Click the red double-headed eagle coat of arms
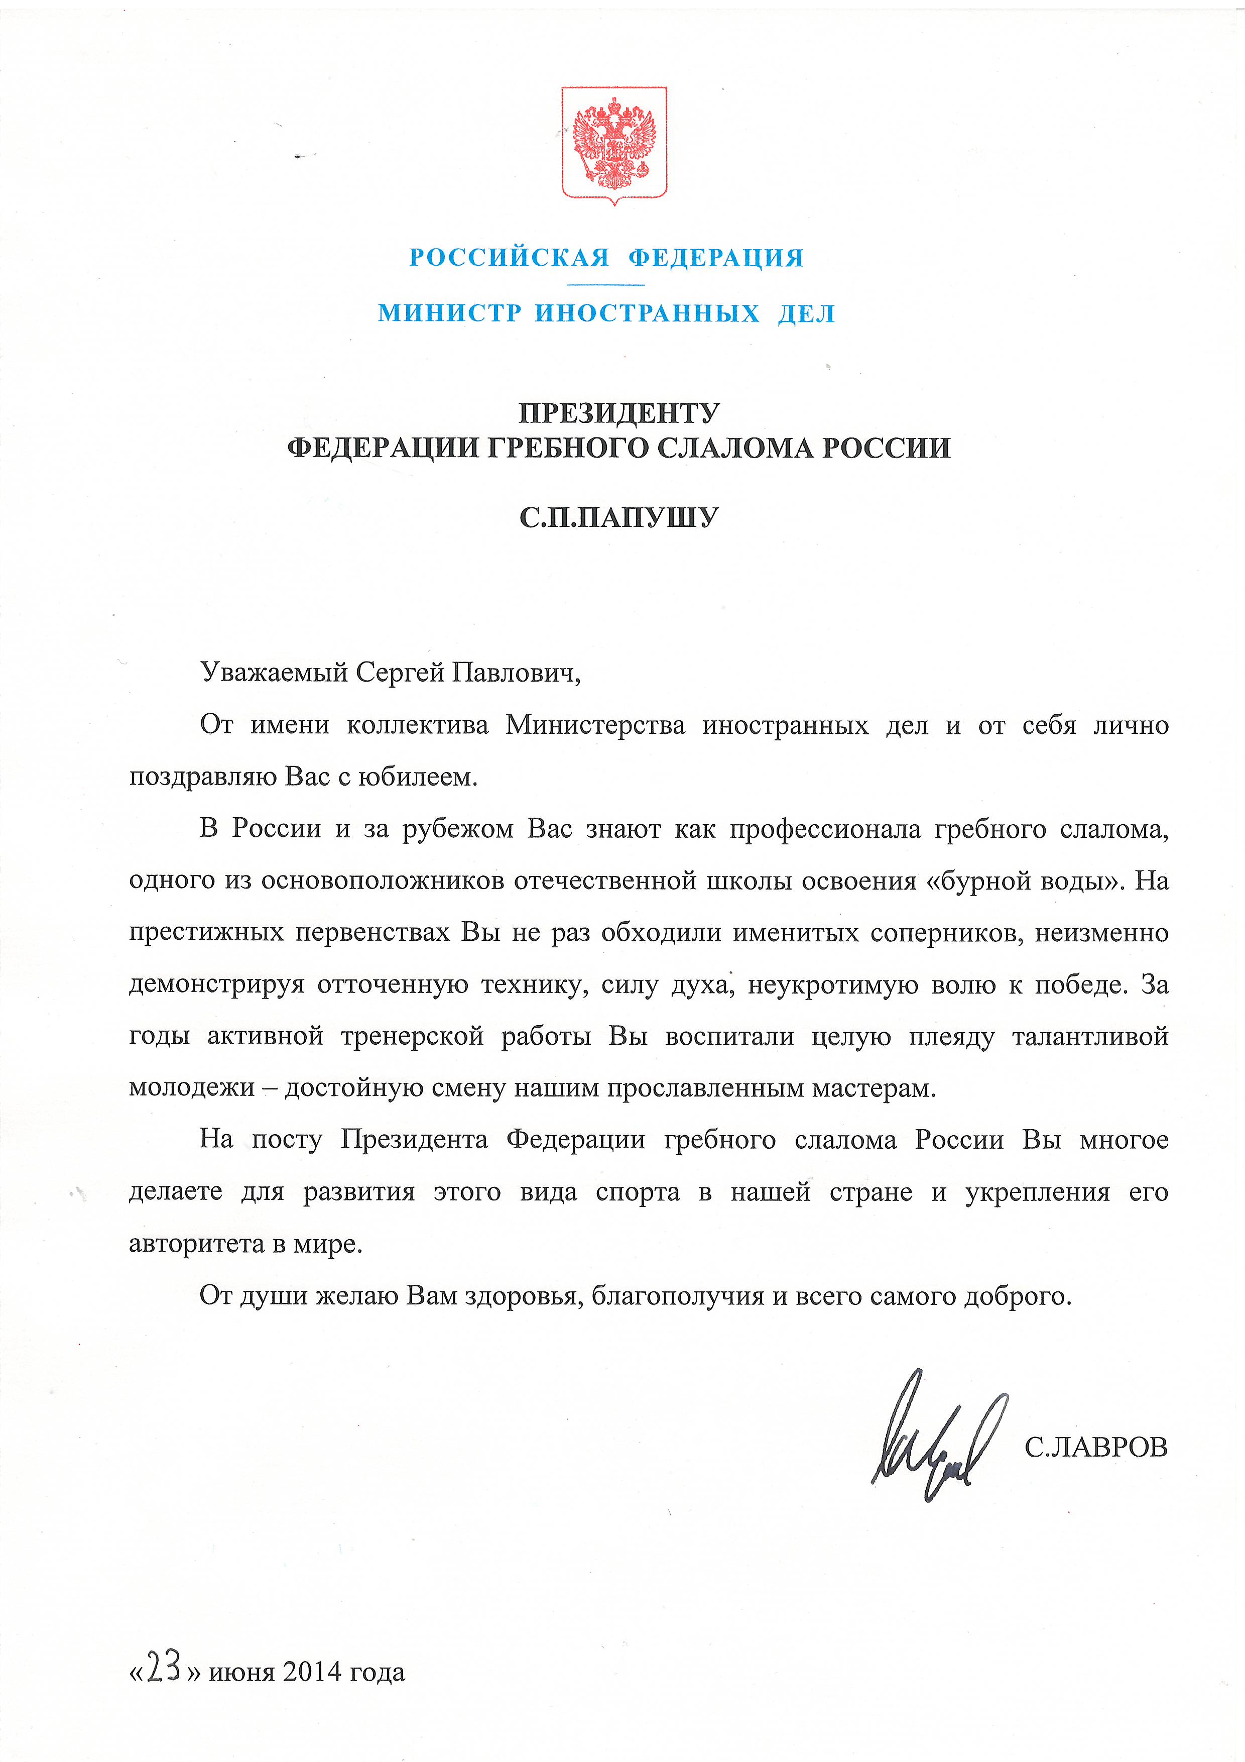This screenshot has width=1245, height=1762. point(613,144)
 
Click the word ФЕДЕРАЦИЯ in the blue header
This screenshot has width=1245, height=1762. point(716,258)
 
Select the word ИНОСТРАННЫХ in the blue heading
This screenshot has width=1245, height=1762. point(647,313)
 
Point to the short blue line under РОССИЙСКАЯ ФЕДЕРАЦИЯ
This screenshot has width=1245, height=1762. point(606,285)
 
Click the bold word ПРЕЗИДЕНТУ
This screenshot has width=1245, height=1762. point(619,414)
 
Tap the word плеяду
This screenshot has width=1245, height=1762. point(951,1037)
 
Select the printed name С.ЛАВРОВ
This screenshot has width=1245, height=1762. point(1095,1448)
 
